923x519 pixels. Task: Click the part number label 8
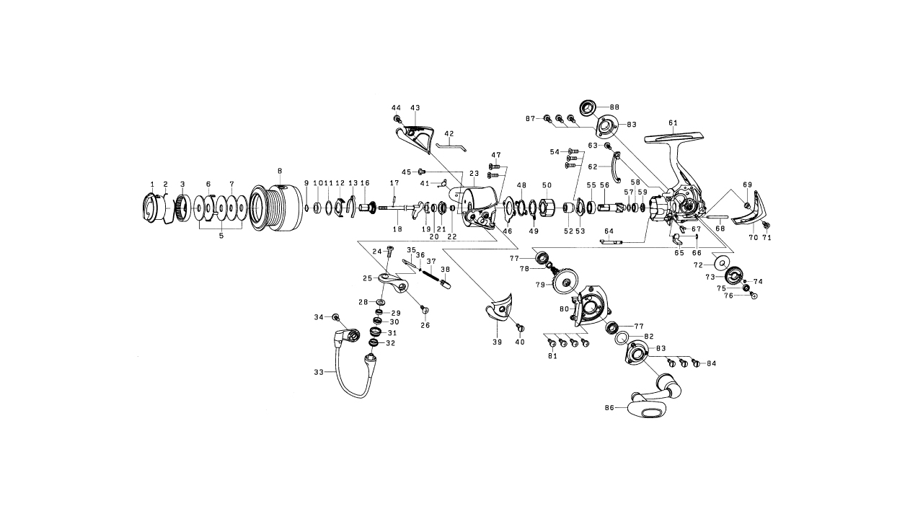pyautogui.click(x=279, y=171)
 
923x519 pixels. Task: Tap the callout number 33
pyautogui.click(x=319, y=373)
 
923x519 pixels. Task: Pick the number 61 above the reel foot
pyautogui.click(x=673, y=123)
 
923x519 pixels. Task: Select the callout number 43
pyautogui.click(x=415, y=107)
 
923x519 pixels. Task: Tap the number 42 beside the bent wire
pyautogui.click(x=449, y=134)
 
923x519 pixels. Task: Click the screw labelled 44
pyautogui.click(x=397, y=118)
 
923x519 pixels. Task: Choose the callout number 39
pyautogui.click(x=497, y=342)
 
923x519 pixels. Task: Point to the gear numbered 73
pyautogui.click(x=733, y=275)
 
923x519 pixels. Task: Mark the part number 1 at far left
pyautogui.click(x=152, y=185)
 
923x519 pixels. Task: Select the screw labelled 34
pyautogui.click(x=336, y=318)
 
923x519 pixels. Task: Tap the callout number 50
pyautogui.click(x=547, y=185)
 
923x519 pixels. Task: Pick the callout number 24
pyautogui.click(x=377, y=252)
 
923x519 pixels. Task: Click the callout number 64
pyautogui.click(x=609, y=231)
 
